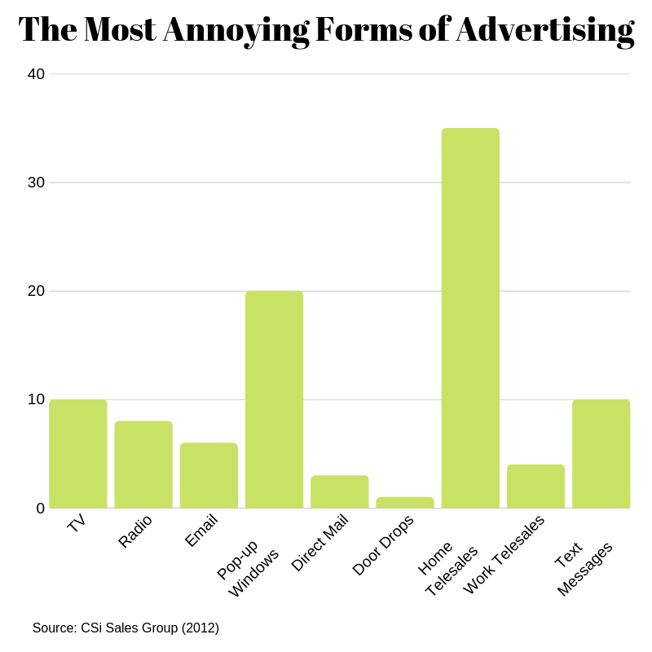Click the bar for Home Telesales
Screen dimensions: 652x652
pos(470,318)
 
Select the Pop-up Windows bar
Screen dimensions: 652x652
pos(274,399)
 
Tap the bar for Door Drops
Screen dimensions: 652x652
pos(405,503)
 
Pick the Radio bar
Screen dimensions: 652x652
pos(143,465)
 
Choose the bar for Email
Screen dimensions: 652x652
pos(209,475)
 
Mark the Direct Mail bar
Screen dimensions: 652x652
pos(339,491)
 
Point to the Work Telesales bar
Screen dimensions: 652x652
pos(535,487)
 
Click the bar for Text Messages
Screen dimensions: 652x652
pos(601,453)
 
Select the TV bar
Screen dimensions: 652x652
pos(78,453)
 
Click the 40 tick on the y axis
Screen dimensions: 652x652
pos(36,74)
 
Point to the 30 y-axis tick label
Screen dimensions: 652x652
pos(36,183)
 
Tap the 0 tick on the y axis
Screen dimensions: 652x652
pos(40,509)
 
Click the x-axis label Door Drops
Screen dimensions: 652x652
pos(383,544)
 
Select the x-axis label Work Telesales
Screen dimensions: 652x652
pos(504,554)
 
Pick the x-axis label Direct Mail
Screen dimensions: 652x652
pos(319,543)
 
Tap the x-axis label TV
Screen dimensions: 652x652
pos(77,523)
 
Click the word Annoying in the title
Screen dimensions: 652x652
pos(236,30)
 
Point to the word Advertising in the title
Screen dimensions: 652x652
pos(544,30)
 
